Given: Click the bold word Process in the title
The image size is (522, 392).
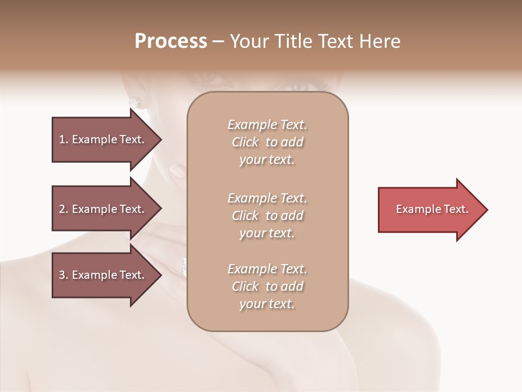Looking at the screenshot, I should coord(171,41).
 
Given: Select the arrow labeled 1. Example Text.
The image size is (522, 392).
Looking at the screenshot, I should coord(103,139).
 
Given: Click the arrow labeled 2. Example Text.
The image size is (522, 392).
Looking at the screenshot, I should coord(103,209).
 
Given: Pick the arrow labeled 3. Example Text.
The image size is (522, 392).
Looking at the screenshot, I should coord(103,275).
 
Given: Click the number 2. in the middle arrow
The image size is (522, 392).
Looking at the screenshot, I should coord(63,209).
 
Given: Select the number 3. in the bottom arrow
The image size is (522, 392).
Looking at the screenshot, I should coord(63,275).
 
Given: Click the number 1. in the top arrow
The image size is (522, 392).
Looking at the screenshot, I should coord(63,139).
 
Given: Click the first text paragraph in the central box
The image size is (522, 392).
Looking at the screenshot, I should coord(267,142).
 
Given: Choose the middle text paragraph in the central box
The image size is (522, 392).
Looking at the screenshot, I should coord(267,216).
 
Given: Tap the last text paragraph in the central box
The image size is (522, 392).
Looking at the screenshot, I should coord(267,286).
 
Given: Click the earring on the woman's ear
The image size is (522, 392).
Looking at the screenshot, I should coord(135,102).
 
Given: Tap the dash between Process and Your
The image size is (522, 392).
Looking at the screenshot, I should coord(219,41).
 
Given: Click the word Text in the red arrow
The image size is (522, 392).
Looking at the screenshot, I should coord(456,209).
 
